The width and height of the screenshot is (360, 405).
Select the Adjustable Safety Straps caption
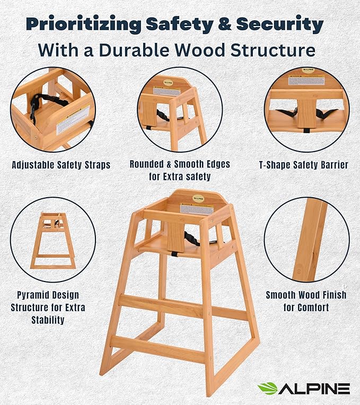pyautogui.click(x=61, y=165)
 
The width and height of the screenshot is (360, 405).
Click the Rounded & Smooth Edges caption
pyautogui.click(x=180, y=170)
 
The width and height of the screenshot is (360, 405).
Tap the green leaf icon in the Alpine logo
pyautogui.click(x=267, y=389)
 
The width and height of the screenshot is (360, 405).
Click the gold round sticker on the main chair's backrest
pyautogui.click(x=198, y=198)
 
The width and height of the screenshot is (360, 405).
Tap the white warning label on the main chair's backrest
pyautogui.click(x=196, y=209)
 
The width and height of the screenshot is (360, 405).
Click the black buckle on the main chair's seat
pyautogui.click(x=175, y=253)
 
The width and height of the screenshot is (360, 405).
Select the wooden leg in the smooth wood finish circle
pyautogui.click(x=310, y=239)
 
